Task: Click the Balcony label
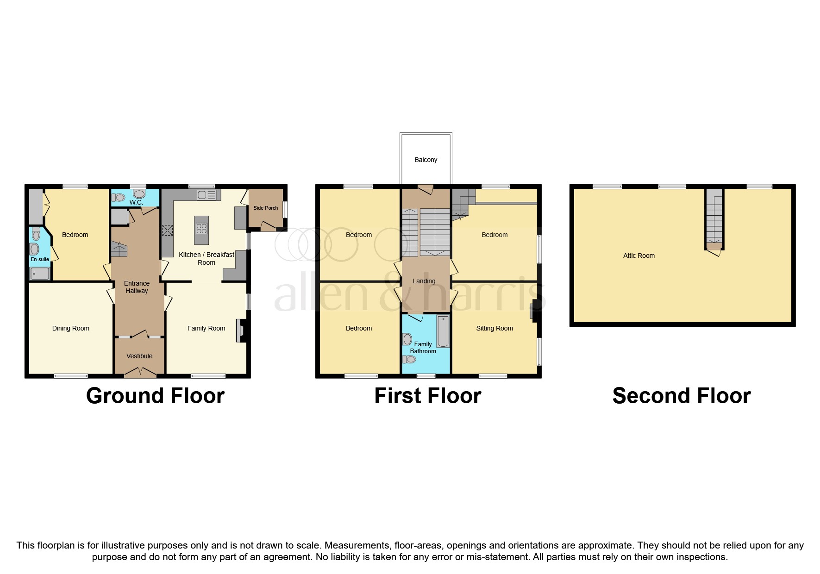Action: pos(426,160)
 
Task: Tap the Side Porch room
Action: pos(265,208)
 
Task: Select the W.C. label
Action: pos(136,203)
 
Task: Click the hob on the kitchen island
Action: pos(201,228)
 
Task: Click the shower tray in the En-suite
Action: pos(40,274)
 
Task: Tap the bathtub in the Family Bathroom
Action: pos(443,331)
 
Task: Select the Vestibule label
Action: pos(139,356)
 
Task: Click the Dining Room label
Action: pos(70,328)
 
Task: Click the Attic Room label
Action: pos(638,256)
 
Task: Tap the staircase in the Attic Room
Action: pos(714,218)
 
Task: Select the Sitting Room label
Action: pos(494,328)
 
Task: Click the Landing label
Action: pos(424,281)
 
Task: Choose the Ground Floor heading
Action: pos(155,396)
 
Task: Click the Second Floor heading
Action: pos(681,396)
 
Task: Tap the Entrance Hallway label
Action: pos(137,287)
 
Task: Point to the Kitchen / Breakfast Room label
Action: pos(207,258)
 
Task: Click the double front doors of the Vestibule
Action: pos(139,372)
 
